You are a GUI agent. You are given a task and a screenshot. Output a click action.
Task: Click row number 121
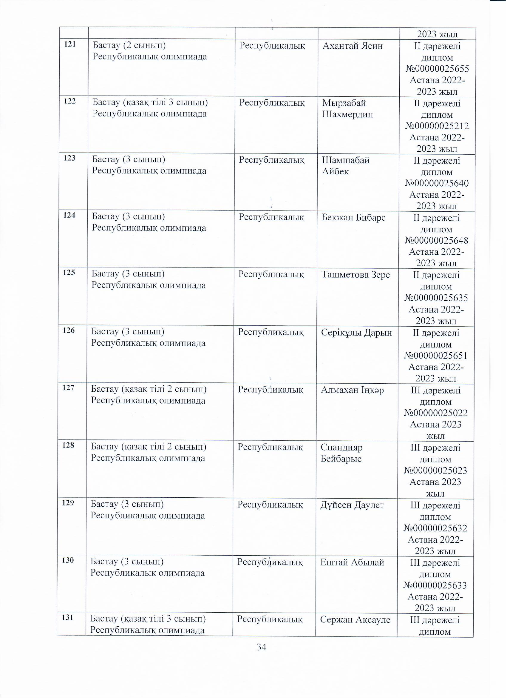[70, 44]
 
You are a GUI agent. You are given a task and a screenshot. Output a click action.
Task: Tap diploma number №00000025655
[437, 69]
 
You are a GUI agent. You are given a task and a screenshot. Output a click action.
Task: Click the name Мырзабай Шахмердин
[347, 109]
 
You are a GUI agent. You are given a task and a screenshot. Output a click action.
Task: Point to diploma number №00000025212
[437, 126]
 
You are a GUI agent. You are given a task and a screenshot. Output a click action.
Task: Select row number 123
[69, 158]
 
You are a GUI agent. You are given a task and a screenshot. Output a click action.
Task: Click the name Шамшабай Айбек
[346, 166]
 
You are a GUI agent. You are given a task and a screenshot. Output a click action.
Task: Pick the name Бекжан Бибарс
[354, 218]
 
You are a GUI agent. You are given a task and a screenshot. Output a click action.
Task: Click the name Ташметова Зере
[355, 275]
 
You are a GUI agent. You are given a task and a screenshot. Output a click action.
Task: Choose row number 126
[69, 330]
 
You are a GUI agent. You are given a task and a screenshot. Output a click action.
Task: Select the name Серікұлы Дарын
[356, 332]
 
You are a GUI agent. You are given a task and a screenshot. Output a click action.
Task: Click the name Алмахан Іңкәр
[352, 390]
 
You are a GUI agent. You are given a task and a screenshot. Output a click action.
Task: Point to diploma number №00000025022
[436, 413]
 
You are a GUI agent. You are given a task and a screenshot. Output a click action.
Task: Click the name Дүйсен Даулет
[352, 505]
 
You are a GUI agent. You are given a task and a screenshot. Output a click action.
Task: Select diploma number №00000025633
[435, 585]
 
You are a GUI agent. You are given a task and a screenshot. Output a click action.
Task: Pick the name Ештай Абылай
[352, 562]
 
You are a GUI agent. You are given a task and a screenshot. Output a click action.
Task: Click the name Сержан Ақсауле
[355, 619]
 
